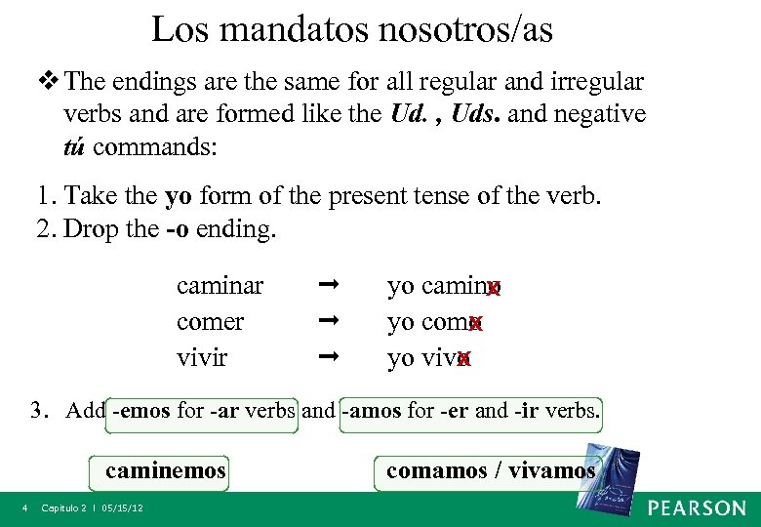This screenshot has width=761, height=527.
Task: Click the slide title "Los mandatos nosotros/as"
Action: point(352,29)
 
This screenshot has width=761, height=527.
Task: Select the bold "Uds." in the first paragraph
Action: point(472,114)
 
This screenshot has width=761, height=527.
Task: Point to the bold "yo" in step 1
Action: point(179,196)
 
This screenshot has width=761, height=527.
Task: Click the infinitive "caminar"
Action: point(220,286)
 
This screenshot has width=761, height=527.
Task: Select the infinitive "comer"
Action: point(210,322)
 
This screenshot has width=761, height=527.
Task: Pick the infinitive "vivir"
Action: point(202,357)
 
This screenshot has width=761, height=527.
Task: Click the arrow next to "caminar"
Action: point(328,286)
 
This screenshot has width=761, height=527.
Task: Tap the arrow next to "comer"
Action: point(328,321)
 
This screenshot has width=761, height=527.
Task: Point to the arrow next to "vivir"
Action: point(328,357)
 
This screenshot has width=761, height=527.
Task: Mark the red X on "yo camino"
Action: point(494,288)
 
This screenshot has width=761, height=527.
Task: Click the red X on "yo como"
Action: point(475,324)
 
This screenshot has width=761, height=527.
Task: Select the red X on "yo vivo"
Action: point(463,359)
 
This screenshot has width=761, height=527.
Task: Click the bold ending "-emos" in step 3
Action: point(142,411)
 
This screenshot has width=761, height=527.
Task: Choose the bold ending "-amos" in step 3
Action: point(372,411)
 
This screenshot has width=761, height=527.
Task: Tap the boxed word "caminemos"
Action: point(166,471)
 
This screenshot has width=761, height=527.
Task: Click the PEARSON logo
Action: point(697,507)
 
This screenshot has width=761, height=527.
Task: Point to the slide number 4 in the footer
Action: point(26,508)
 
